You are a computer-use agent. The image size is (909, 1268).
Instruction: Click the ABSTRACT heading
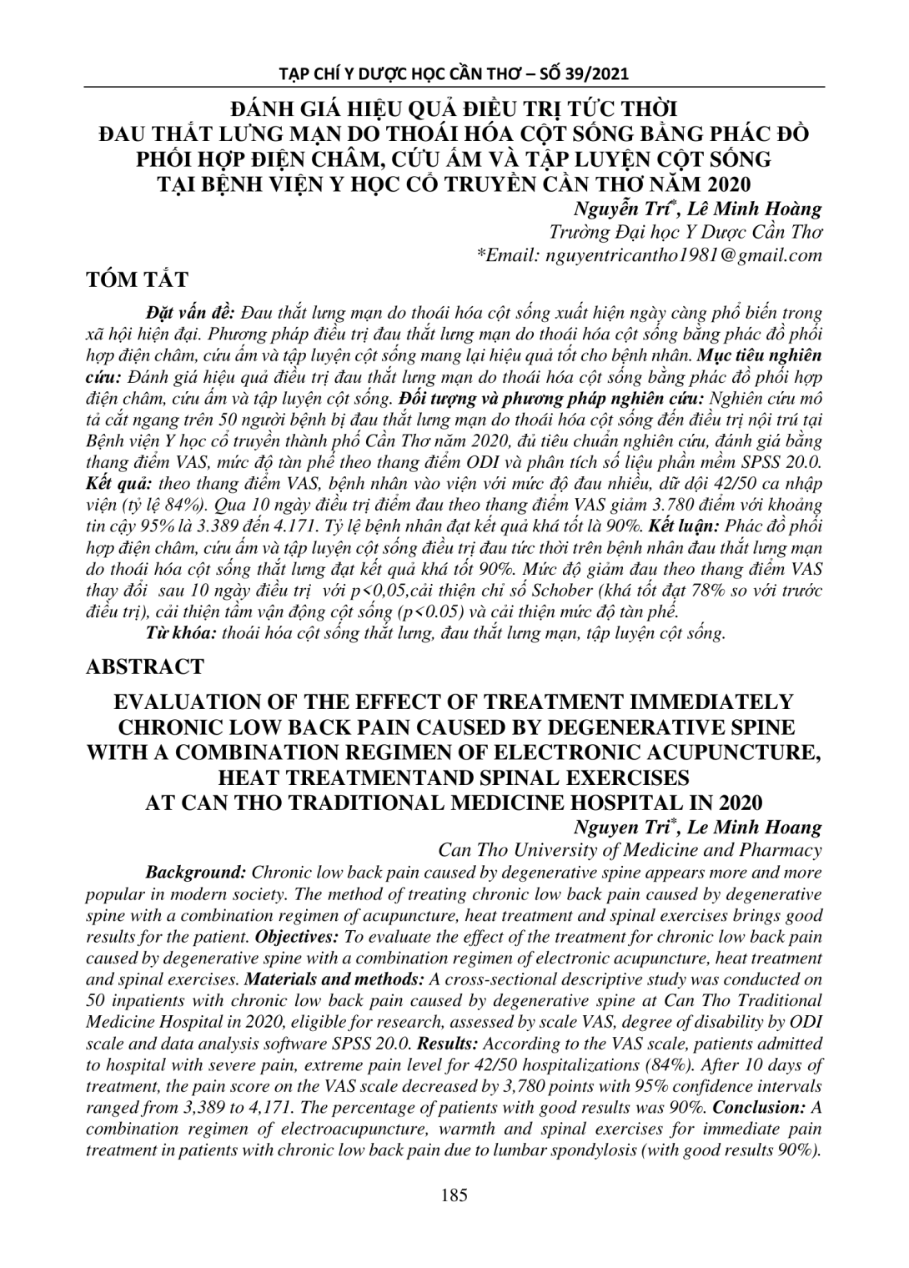coord(144,667)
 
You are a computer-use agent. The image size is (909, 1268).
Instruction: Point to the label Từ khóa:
coord(181,633)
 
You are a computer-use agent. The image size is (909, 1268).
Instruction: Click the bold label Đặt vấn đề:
coord(192,313)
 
